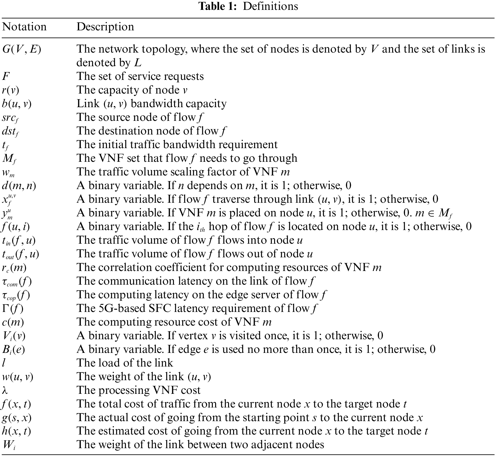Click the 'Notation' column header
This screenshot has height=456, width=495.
pos(25,27)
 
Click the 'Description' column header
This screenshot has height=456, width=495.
pos(105,27)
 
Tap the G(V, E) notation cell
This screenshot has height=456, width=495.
pos(22,49)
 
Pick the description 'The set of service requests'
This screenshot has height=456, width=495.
pos(140,76)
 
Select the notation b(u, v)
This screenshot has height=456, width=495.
pos(17,104)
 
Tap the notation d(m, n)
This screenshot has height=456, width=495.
pos(19,186)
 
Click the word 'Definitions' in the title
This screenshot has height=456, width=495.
pos(271,6)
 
